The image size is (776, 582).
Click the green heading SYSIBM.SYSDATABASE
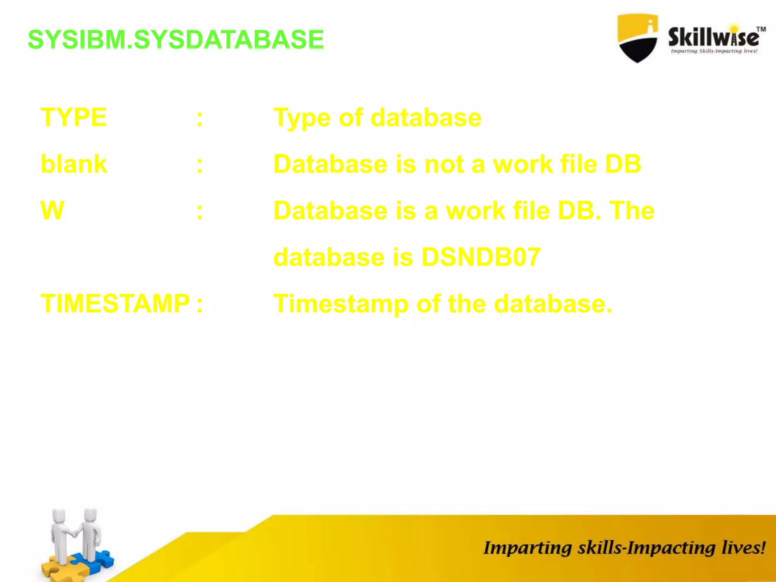coord(176,39)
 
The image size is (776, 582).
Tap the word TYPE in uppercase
coord(74,117)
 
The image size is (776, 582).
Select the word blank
coord(74,164)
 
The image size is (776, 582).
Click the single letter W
coord(52,211)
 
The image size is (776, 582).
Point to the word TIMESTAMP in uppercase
coord(115,304)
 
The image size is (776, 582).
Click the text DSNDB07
coord(480,257)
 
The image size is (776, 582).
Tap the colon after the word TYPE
coord(200,119)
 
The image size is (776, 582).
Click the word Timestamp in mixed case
coord(341,304)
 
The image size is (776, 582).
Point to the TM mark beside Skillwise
coord(761,30)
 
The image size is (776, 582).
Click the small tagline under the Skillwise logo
coord(714,51)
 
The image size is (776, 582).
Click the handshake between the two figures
coord(75,533)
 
